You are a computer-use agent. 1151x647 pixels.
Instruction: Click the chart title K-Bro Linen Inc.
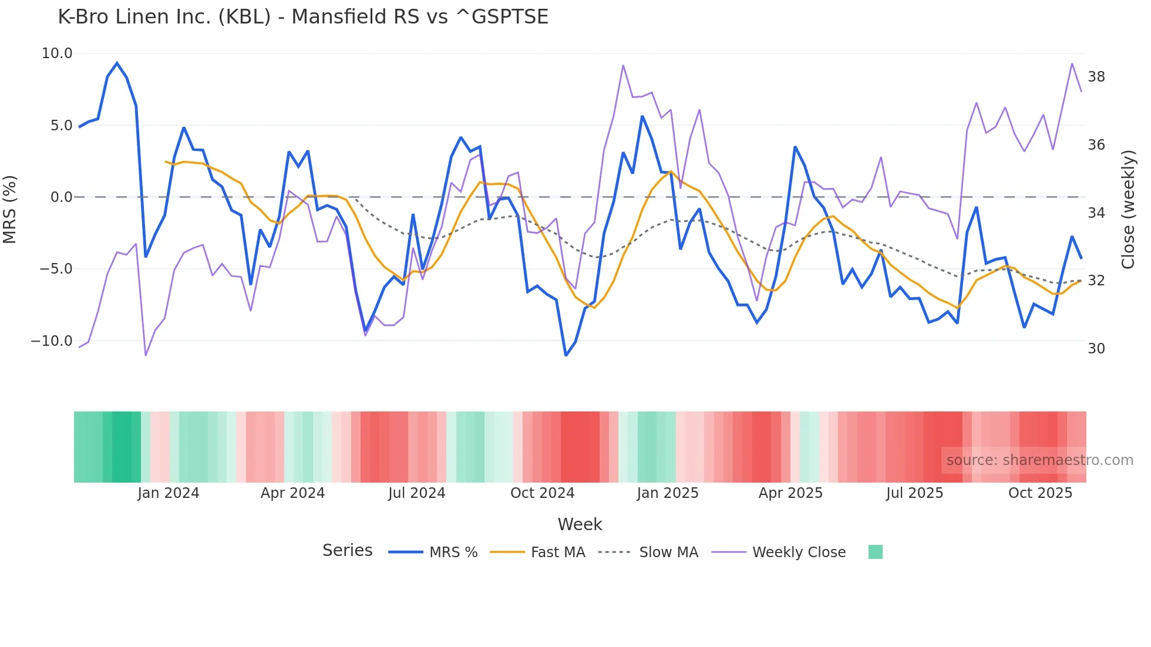point(302,17)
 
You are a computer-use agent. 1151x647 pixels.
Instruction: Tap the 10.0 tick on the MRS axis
point(57,53)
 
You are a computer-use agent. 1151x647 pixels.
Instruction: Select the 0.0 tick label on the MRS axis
point(61,197)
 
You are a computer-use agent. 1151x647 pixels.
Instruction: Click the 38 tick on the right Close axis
point(1096,77)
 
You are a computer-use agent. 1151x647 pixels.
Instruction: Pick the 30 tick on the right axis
point(1096,349)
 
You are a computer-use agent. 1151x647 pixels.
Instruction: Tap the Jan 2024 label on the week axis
point(169,493)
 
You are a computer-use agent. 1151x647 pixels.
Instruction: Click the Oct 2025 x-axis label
point(1040,493)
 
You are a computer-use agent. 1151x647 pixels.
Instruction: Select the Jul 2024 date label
point(416,493)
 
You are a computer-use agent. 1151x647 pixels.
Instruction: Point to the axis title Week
point(580,524)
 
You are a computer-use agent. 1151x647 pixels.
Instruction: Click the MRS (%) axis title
point(10,210)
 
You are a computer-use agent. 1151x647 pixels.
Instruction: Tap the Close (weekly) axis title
point(1128,210)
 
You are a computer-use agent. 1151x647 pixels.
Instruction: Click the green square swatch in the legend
point(875,552)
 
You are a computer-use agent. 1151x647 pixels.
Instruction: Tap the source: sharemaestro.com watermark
point(1039,460)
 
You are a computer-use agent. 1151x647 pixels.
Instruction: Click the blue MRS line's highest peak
point(117,63)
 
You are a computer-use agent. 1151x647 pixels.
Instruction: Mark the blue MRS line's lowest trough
point(566,355)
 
